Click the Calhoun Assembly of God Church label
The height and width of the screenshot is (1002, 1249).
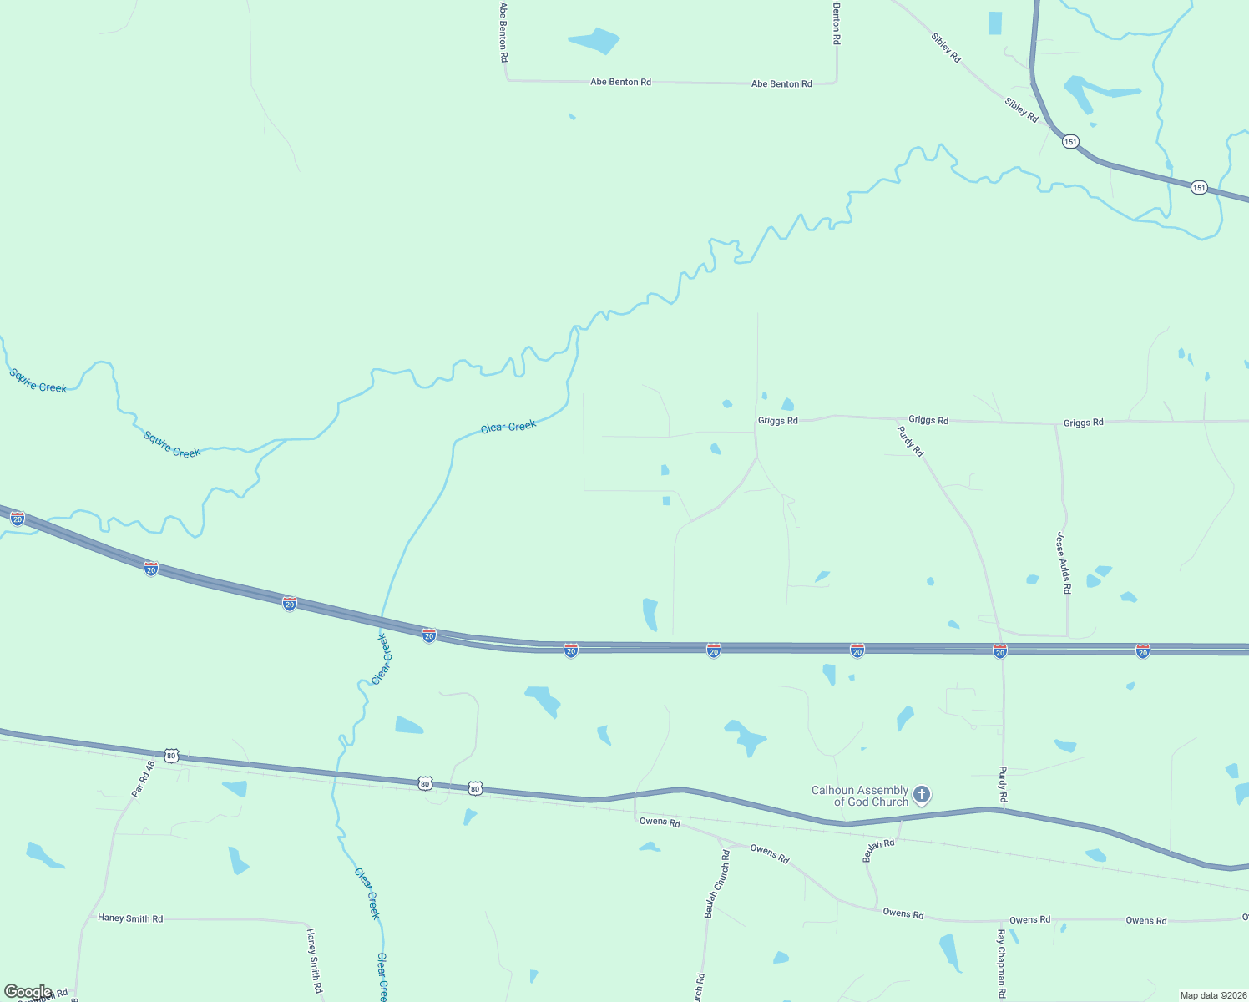click(x=860, y=796)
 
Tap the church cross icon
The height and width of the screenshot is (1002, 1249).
click(x=922, y=794)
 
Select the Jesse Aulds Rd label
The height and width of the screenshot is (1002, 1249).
click(x=1063, y=563)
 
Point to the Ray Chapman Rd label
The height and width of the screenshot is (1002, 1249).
click(x=1001, y=964)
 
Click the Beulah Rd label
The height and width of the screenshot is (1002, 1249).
click(x=878, y=850)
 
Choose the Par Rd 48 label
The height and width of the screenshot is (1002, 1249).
click(x=144, y=778)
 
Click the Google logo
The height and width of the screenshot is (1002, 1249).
click(x=28, y=992)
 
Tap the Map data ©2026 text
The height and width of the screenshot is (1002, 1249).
click(x=1211, y=995)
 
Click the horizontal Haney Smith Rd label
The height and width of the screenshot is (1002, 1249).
click(x=130, y=918)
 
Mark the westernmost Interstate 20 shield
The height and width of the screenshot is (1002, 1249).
click(x=18, y=519)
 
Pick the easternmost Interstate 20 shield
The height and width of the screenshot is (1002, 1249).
click(x=1143, y=650)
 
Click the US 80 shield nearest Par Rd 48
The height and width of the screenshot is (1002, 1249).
click(x=172, y=756)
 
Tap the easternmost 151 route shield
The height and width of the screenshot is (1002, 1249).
click(x=1199, y=187)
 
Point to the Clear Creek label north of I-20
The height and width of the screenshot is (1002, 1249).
click(x=508, y=428)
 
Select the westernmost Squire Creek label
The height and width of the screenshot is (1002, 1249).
click(x=38, y=381)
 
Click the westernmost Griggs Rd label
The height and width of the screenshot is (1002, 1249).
click(x=777, y=421)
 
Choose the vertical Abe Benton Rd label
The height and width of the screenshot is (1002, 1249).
click(x=503, y=33)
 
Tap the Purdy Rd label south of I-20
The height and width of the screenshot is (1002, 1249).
click(x=1003, y=785)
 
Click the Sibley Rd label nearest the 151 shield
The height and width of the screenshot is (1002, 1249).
click(x=1021, y=110)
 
